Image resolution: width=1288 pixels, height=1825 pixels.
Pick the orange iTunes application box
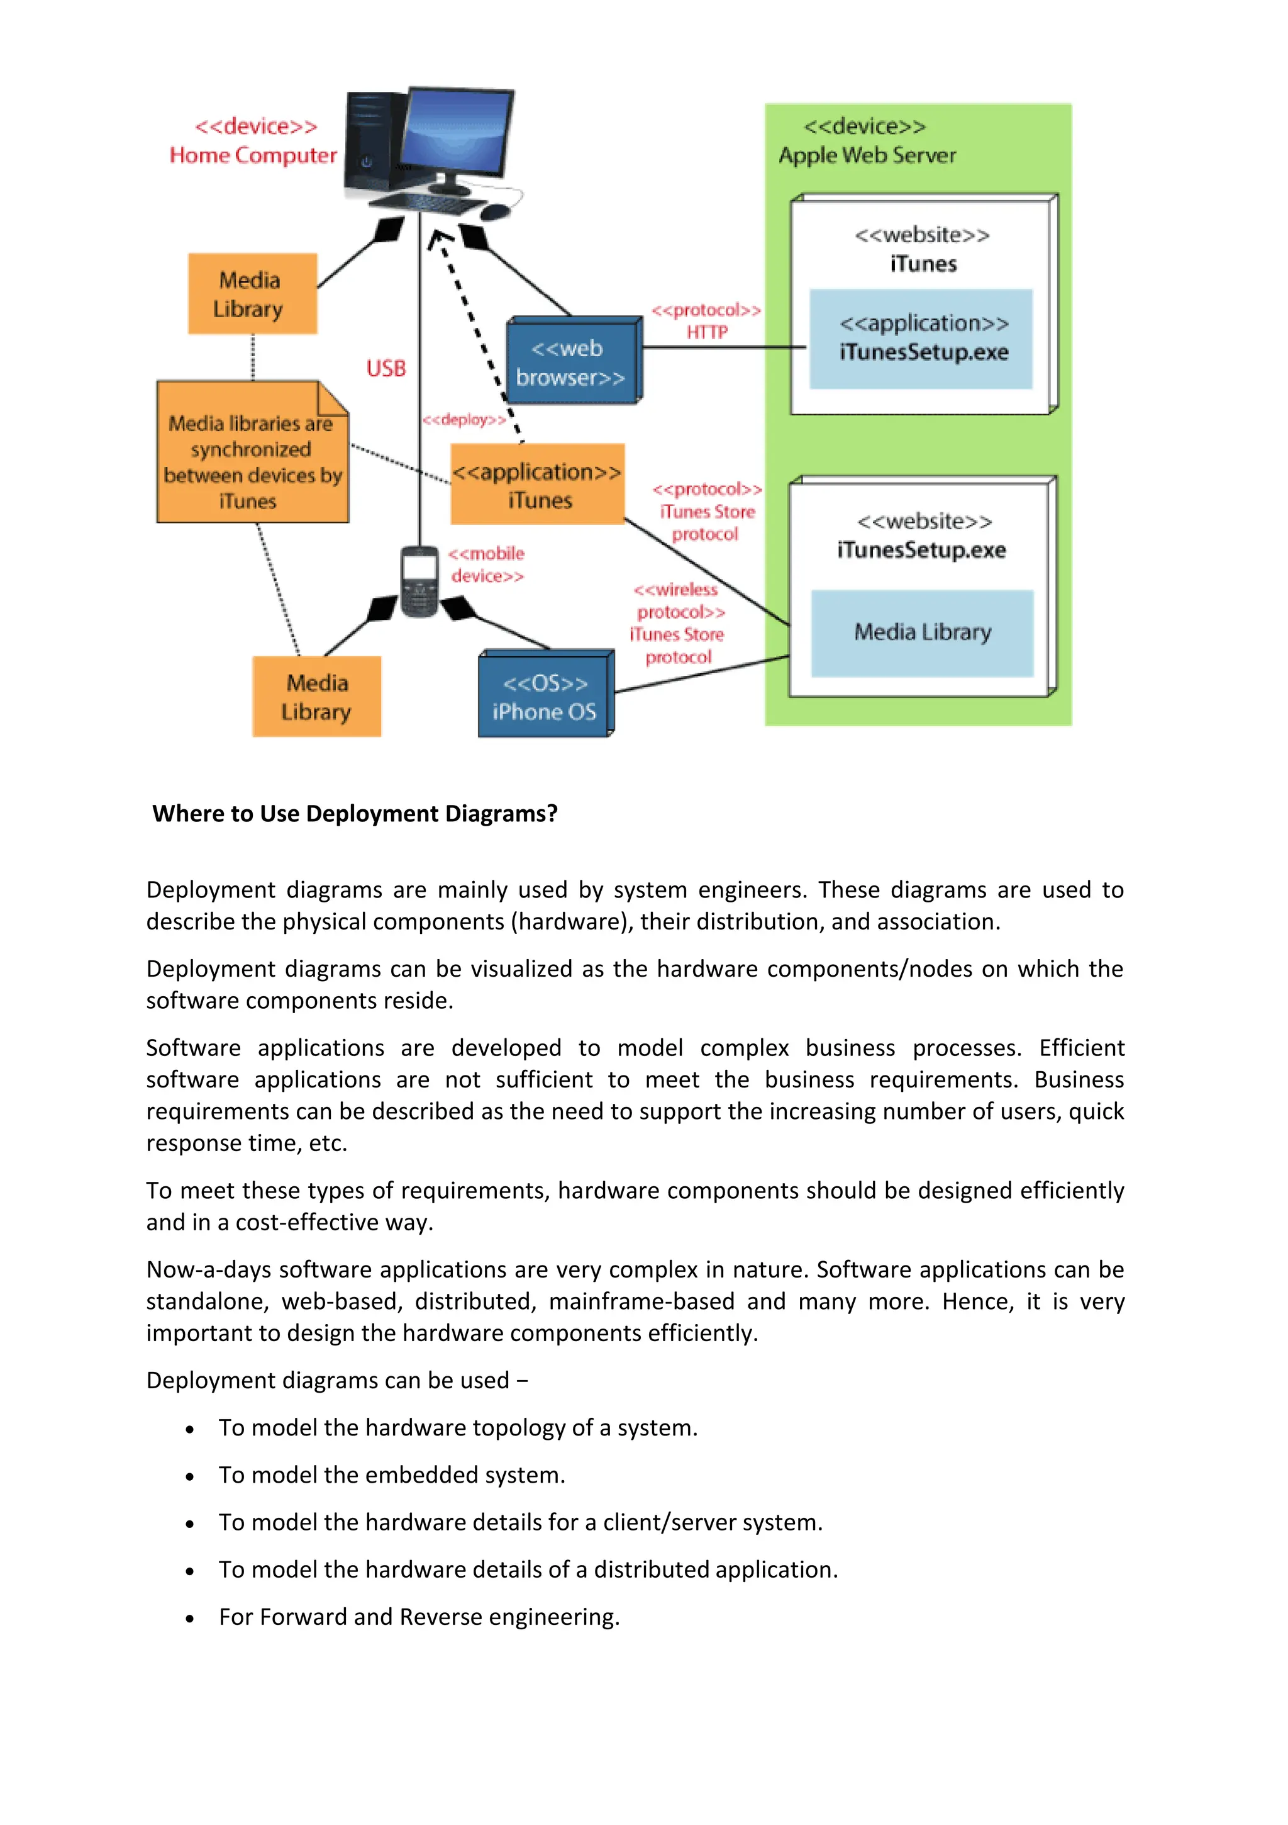[x=538, y=485]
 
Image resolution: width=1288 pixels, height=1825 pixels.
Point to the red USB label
[x=386, y=368]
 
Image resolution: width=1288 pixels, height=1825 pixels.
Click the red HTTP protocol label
[x=706, y=332]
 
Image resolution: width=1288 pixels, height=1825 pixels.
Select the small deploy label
[x=464, y=420]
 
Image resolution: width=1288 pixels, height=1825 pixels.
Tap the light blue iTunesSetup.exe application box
[x=922, y=339]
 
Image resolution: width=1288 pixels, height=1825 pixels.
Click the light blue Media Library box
[x=922, y=632]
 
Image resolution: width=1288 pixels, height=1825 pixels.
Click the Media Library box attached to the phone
[x=317, y=697]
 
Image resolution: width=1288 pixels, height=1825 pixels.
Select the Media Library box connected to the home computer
[x=252, y=294]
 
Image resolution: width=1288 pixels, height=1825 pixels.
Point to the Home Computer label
[x=253, y=155]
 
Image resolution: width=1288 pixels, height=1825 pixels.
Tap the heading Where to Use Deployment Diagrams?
[x=355, y=813]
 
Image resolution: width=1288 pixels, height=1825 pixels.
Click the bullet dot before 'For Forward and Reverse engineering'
[x=190, y=1619]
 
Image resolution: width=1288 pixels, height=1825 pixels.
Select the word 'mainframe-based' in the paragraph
[x=641, y=1301]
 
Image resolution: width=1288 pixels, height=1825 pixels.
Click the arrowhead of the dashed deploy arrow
[x=437, y=237]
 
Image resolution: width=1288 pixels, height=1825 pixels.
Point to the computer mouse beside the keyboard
[x=495, y=211]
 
